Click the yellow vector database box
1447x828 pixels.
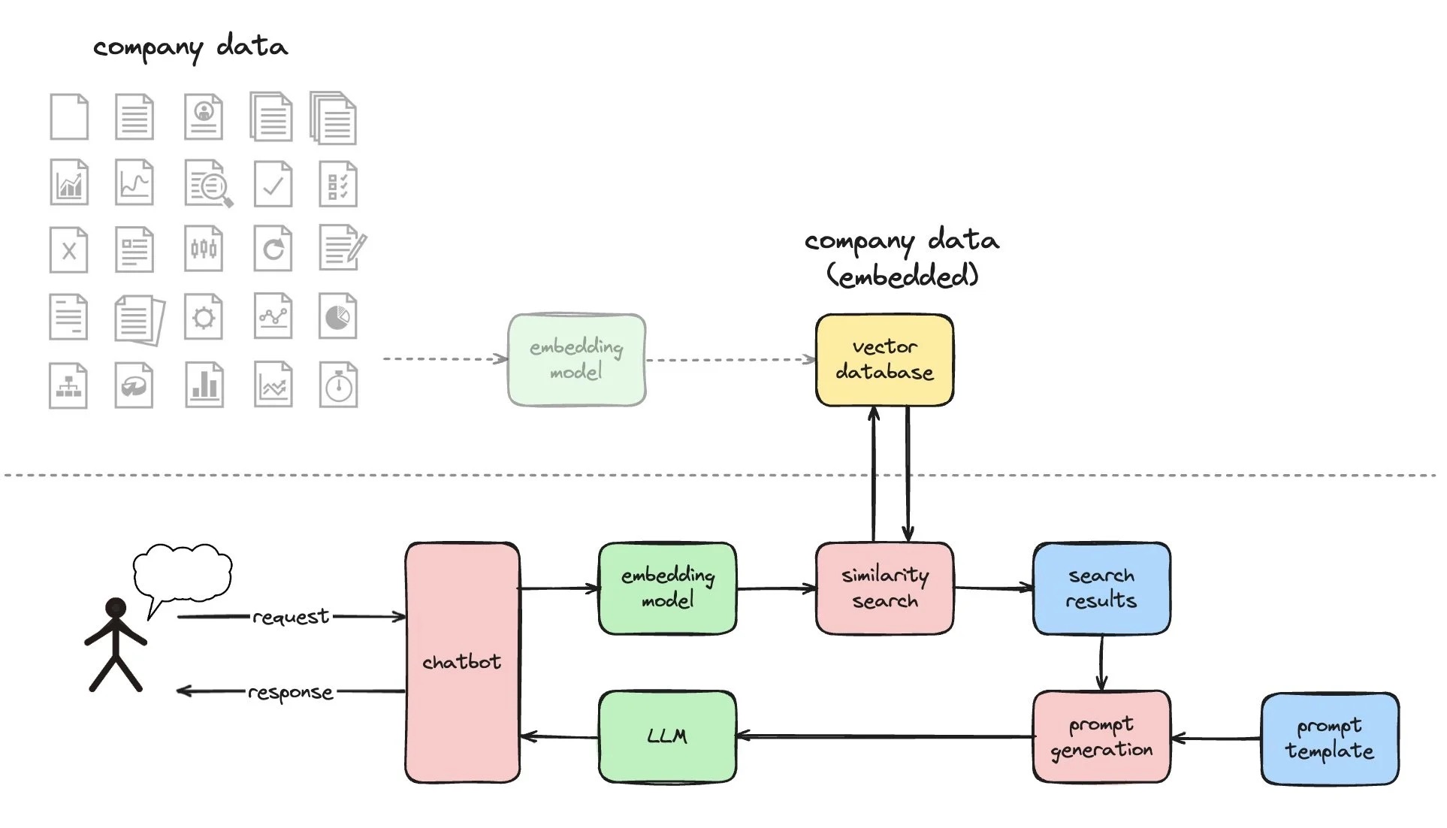click(x=884, y=360)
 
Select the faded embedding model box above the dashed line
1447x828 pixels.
click(x=576, y=360)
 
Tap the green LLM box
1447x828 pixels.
click(x=667, y=736)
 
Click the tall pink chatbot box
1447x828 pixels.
click(x=462, y=662)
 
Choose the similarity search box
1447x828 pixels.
click(x=884, y=588)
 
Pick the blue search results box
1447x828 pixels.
click(x=1101, y=588)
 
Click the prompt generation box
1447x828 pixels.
click(x=1101, y=736)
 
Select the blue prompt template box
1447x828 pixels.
click(x=1329, y=739)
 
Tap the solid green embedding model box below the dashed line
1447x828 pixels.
click(x=667, y=588)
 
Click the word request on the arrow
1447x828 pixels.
click(x=291, y=617)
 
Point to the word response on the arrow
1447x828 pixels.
click(x=291, y=692)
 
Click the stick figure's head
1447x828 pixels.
click(x=116, y=608)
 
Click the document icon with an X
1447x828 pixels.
click(x=68, y=250)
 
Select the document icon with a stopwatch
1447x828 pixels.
click(x=338, y=385)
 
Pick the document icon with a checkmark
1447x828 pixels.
click(x=273, y=184)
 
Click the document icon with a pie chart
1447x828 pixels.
click(x=337, y=317)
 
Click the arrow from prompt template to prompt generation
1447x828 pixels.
click(x=1216, y=739)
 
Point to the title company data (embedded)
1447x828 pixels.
click(x=902, y=258)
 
